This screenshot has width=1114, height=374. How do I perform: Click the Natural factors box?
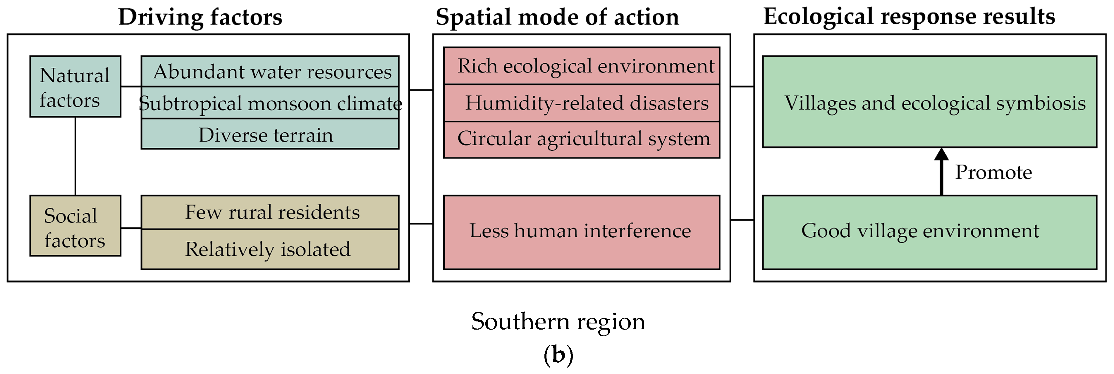pos(75,86)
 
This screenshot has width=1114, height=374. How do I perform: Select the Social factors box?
pos(75,226)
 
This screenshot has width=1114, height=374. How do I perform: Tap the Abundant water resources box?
pos(270,72)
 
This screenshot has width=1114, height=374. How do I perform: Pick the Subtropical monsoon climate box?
pos(270,103)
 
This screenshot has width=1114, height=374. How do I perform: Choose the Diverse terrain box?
pos(270,134)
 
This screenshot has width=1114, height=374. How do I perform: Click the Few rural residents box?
pos(270,212)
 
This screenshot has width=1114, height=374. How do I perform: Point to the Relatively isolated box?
pos(270,249)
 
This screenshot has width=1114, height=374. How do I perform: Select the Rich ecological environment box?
pos(582,66)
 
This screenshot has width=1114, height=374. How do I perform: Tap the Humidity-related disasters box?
pos(582,103)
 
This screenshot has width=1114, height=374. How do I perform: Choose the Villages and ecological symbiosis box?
pos(930,102)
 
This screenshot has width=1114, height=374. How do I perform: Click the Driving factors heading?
pos(200,17)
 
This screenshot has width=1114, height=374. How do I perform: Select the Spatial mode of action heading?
pos(557,17)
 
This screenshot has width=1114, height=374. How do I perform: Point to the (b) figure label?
pos(558,355)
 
